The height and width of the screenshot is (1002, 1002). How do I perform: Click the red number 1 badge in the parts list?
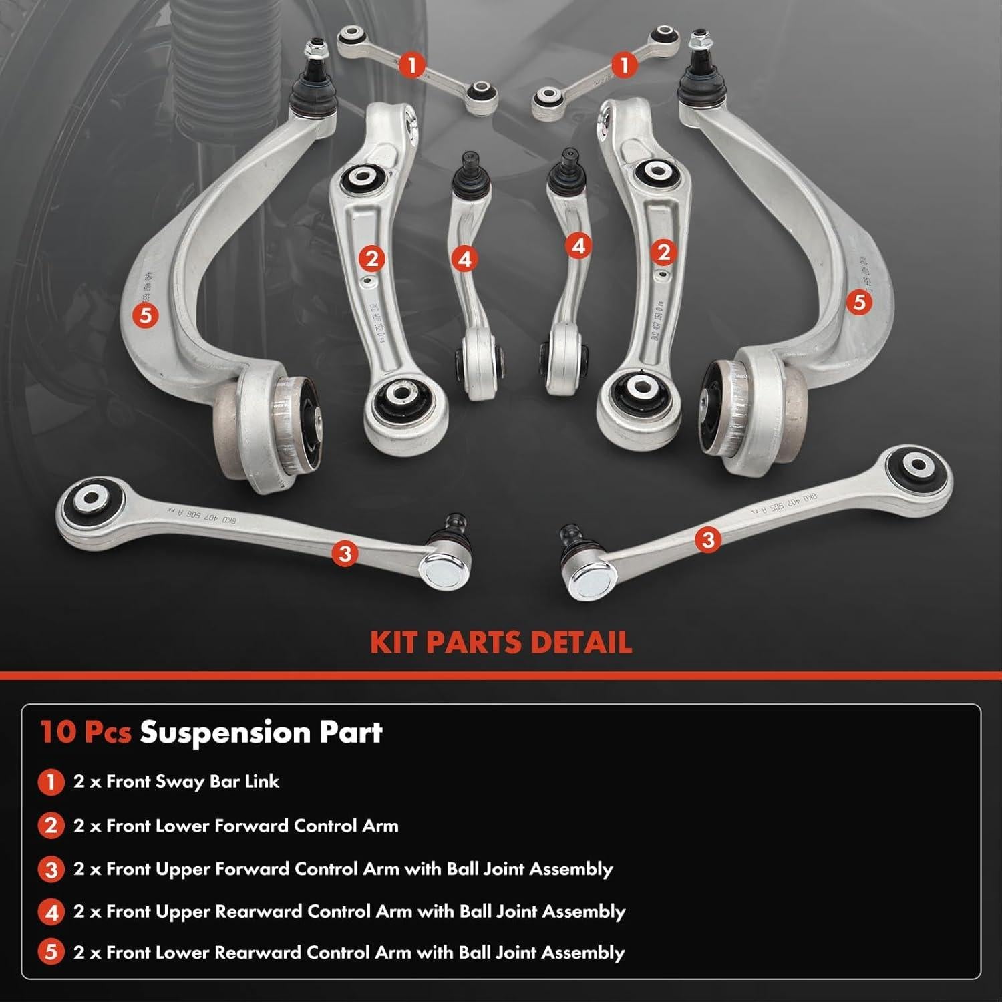[x=51, y=782]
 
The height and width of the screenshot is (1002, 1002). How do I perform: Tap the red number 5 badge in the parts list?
[x=51, y=953]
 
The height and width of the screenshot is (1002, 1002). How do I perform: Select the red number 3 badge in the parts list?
[x=51, y=870]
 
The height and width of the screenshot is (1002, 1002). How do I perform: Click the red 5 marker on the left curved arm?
[x=145, y=314]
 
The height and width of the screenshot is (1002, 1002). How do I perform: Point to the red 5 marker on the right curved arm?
[x=859, y=302]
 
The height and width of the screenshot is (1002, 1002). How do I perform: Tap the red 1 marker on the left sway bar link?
[x=413, y=65]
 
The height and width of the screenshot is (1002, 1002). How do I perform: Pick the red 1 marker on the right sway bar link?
[x=625, y=65]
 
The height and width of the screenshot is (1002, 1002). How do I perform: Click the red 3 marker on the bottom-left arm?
[x=345, y=553]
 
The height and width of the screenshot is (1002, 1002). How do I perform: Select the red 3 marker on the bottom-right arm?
[x=708, y=538]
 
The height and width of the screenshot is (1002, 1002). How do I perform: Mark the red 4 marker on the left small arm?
[x=464, y=258]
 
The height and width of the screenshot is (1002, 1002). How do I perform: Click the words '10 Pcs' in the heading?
[x=86, y=732]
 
